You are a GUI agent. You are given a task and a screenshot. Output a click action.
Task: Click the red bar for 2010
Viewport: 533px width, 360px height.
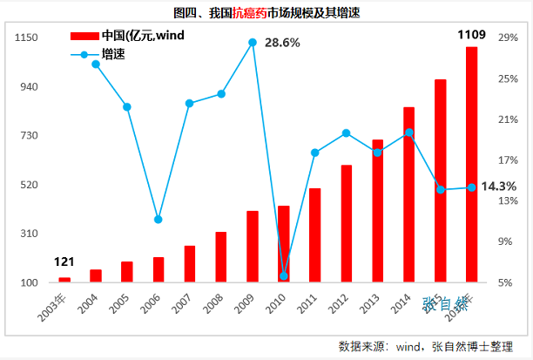pos(283,243)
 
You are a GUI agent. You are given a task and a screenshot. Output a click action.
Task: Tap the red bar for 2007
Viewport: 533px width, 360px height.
pos(189,263)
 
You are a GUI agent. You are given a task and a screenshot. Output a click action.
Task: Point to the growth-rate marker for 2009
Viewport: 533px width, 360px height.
pos(253,42)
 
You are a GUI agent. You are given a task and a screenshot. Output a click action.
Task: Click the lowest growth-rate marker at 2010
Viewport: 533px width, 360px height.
pos(284,275)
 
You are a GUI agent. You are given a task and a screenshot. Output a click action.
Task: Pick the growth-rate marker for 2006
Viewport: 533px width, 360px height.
pos(158,220)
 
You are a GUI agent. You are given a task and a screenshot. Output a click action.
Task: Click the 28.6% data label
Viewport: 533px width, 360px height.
pos(282,42)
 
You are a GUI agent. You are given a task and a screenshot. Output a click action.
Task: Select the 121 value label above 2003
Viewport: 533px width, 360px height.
pos(64,262)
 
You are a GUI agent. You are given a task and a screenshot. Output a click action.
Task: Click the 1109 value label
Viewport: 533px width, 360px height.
pos(471,35)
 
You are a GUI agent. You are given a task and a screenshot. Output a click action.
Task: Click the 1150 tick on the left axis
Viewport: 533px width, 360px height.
pos(27,38)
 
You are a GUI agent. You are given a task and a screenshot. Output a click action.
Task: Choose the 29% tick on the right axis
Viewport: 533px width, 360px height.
pos(508,38)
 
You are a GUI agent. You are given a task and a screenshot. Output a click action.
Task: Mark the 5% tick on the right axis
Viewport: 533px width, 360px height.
pos(508,282)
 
